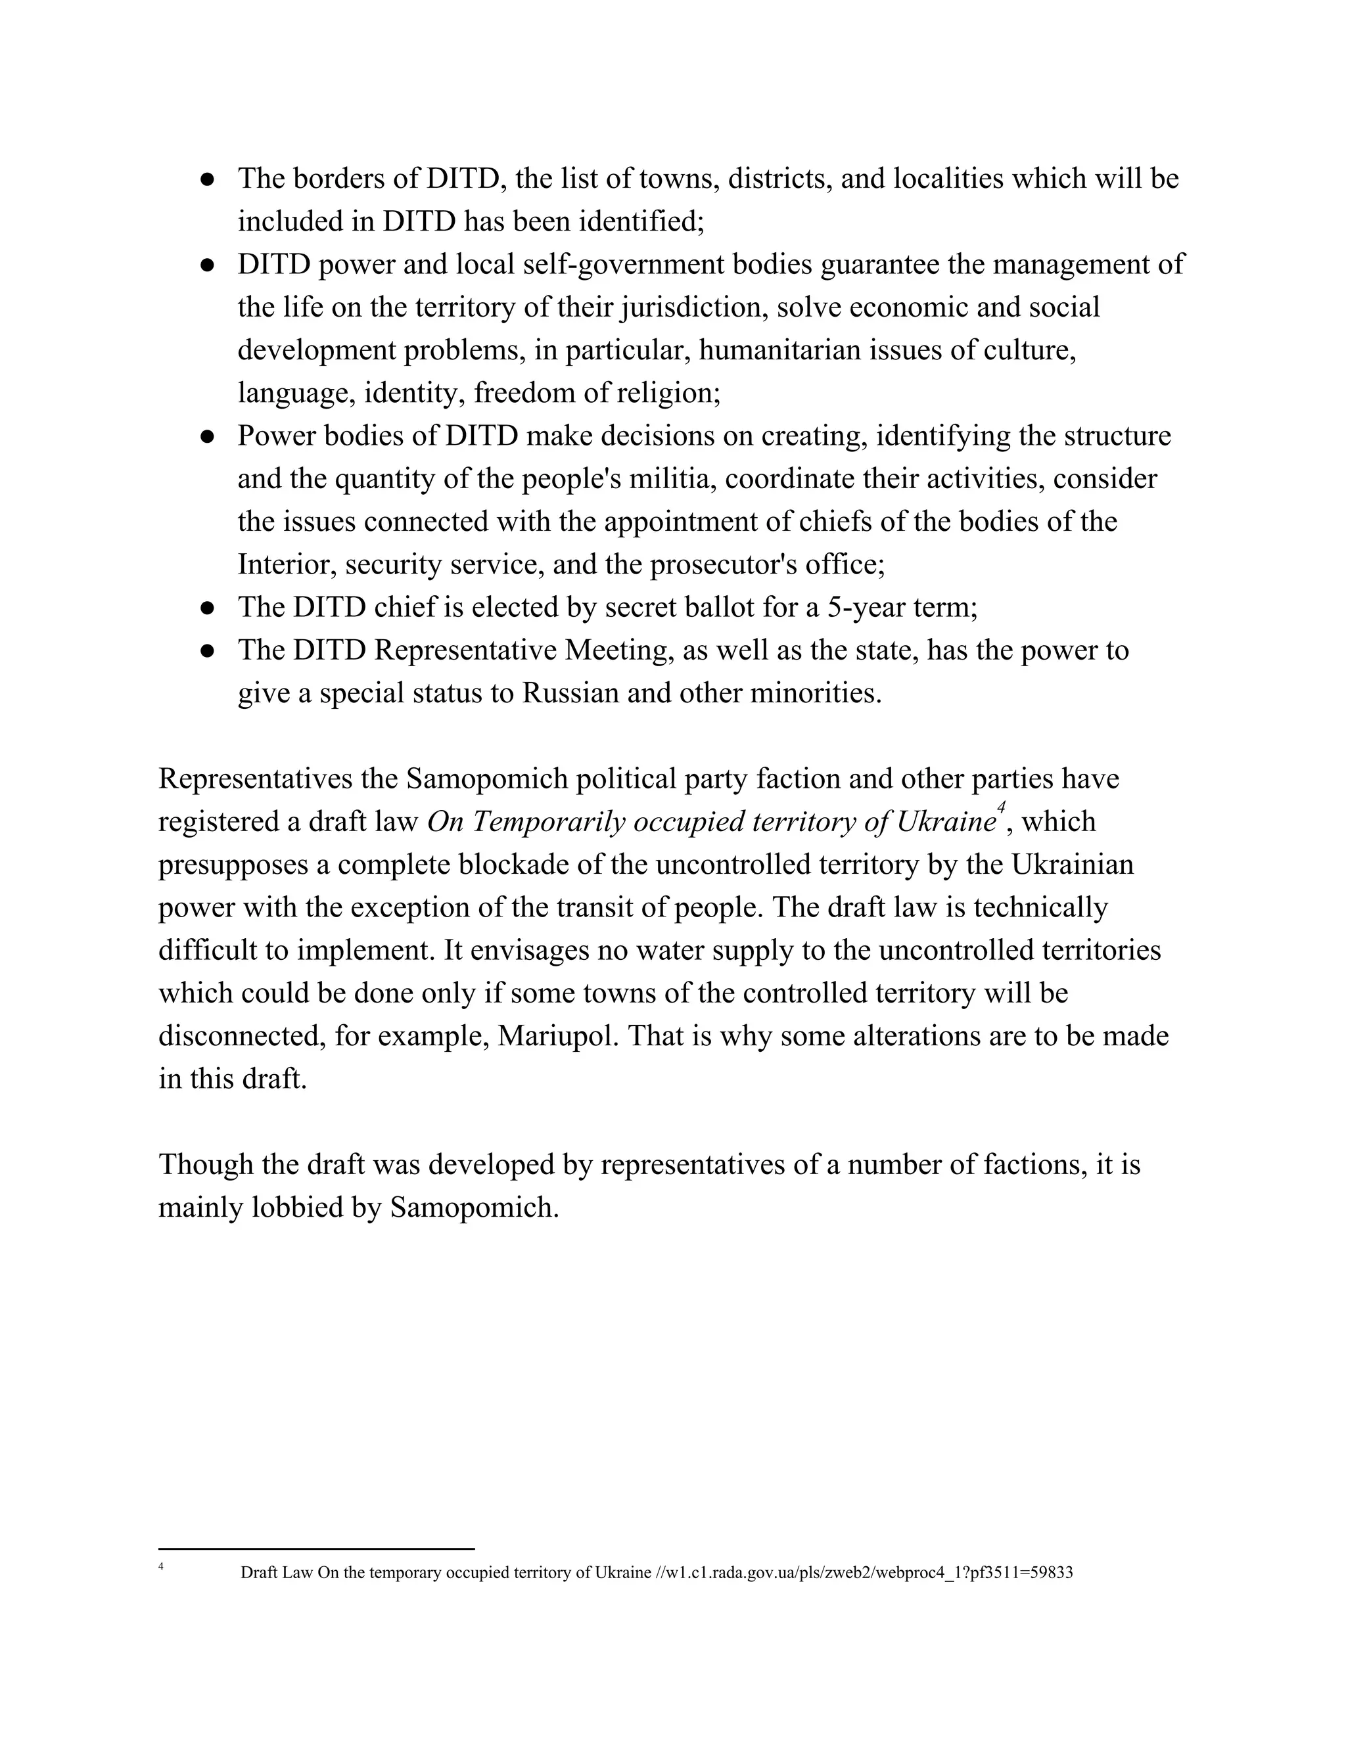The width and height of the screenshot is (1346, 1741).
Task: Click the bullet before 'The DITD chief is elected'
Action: pos(207,608)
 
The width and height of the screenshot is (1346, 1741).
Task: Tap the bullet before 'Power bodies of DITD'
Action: pos(207,437)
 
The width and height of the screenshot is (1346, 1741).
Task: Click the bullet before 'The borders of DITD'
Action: pos(207,179)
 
